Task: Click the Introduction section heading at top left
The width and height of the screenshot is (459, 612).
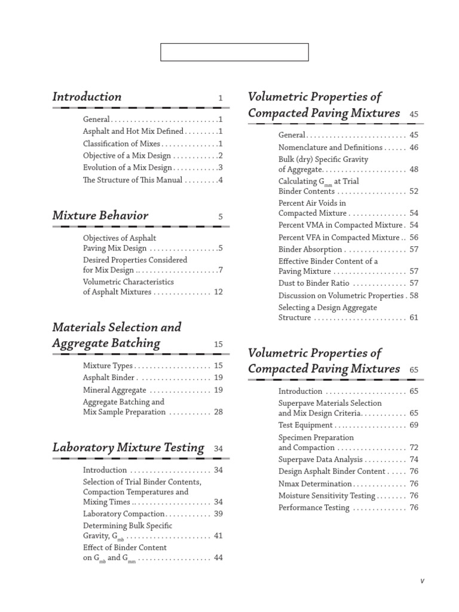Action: tap(87, 97)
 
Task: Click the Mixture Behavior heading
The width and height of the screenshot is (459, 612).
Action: tap(100, 216)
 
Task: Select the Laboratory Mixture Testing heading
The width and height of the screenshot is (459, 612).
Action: tap(128, 448)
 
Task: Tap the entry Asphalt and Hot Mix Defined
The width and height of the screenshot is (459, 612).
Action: tap(133, 131)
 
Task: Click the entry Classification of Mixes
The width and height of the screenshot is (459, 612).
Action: tap(121, 143)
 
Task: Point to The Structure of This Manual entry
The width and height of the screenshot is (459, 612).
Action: tap(133, 180)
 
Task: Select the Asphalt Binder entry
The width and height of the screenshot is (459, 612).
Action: tap(109, 378)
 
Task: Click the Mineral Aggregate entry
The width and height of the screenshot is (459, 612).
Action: tap(114, 390)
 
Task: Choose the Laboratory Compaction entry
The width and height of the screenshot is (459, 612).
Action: tap(124, 514)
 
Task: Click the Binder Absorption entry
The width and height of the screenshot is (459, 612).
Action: tap(310, 249)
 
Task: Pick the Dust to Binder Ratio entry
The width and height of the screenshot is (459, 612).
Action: tap(314, 283)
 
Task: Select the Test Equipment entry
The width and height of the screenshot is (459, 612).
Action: tap(305, 425)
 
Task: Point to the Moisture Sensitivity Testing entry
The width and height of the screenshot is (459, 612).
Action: tap(326, 495)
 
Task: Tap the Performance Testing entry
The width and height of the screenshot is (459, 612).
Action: tap(314, 507)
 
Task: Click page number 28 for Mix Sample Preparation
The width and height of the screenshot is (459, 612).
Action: tap(218, 412)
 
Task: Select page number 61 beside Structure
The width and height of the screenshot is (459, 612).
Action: tap(414, 317)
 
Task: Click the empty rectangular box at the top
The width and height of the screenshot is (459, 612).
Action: tap(234, 52)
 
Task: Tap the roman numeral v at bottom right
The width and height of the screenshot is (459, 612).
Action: tap(422, 581)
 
